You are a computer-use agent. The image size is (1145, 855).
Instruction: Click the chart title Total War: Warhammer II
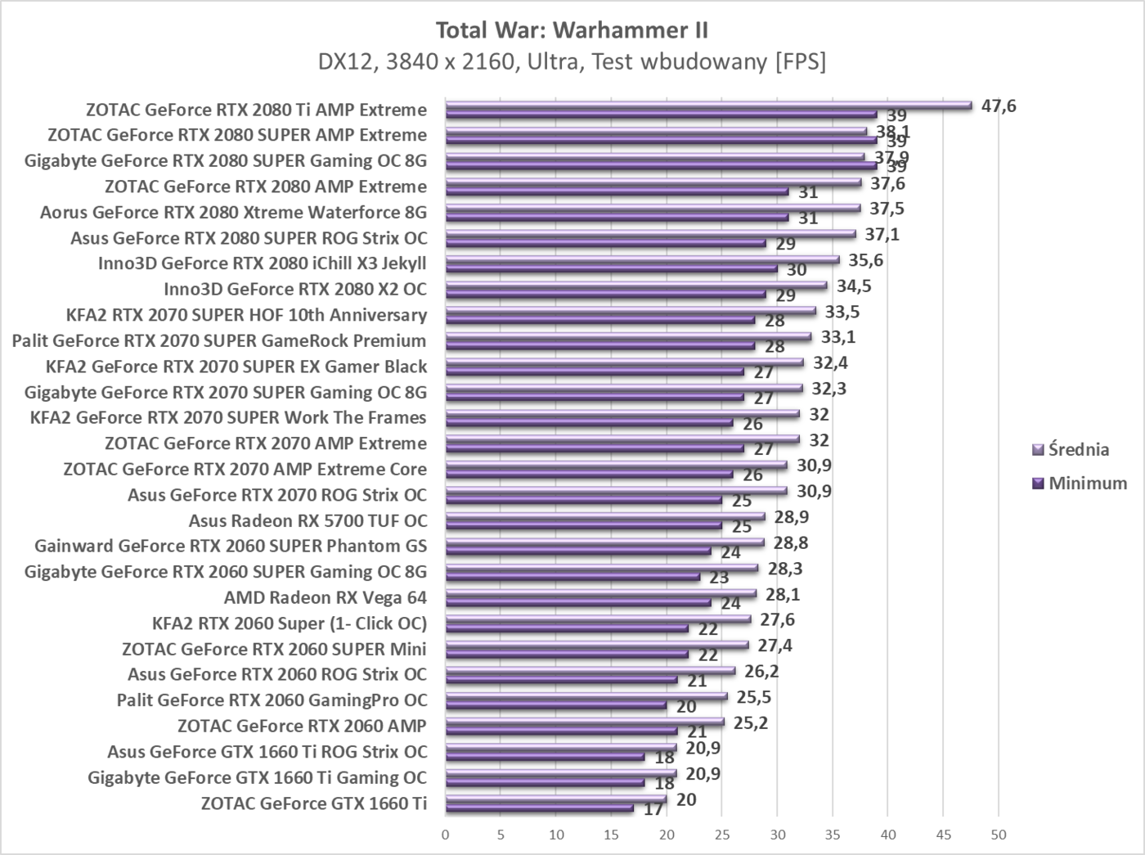tap(572, 30)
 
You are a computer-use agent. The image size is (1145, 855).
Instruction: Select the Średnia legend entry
tap(1078, 449)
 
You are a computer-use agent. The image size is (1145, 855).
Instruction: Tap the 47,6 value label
tap(999, 106)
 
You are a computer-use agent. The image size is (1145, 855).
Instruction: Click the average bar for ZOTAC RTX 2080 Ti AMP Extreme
tap(708, 106)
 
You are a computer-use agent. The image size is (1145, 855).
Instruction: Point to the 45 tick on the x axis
tap(943, 835)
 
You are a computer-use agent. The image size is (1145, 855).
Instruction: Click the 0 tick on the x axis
tap(446, 835)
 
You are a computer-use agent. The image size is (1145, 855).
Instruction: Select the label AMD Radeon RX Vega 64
tap(325, 597)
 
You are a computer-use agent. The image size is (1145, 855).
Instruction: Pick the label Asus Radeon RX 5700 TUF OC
tap(308, 520)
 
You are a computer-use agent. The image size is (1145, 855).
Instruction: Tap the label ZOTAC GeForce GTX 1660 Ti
tap(313, 803)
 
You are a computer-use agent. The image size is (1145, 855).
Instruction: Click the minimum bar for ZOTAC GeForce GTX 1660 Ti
tap(540, 808)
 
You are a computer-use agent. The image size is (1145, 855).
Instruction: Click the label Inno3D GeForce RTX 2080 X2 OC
tap(294, 289)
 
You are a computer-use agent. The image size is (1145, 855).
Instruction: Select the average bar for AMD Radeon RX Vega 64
tap(601, 594)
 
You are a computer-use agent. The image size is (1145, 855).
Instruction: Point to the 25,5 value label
tap(754, 697)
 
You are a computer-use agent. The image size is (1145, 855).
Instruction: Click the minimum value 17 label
tap(653, 810)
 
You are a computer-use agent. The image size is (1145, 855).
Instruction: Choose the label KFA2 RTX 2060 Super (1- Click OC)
tap(290, 623)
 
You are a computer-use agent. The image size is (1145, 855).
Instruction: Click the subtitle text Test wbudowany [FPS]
tap(707, 61)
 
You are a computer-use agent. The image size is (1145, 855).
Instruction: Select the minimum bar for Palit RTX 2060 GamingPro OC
tap(556, 705)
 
